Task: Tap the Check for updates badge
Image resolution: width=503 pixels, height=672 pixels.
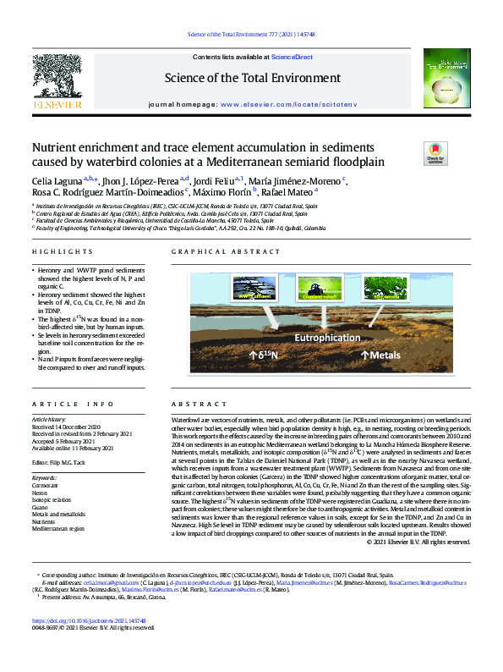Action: [x=412, y=153]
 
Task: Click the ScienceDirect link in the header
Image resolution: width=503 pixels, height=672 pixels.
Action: [x=292, y=57]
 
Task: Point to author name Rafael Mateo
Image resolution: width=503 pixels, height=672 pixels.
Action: [x=288, y=193]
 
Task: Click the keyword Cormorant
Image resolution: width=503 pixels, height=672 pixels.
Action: [x=47, y=485]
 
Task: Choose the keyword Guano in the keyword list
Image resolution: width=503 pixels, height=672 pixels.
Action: [x=41, y=506]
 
